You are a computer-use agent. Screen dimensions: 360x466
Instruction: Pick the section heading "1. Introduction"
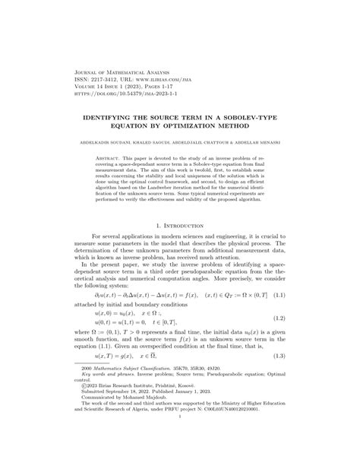pos(180,227)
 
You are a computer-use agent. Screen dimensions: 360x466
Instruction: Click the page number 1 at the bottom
pos(180,454)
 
